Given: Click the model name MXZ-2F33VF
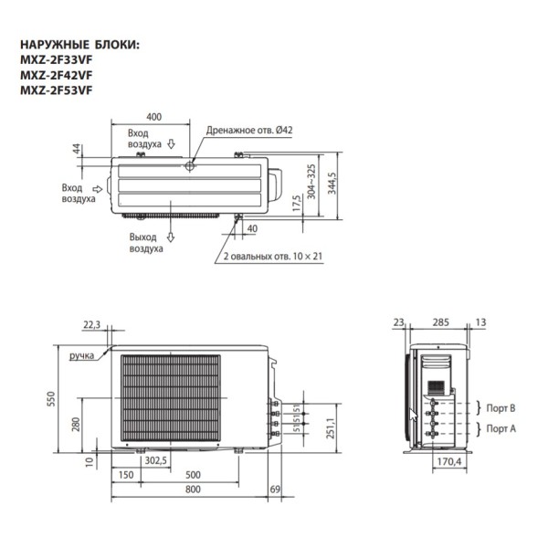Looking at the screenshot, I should click(x=56, y=59).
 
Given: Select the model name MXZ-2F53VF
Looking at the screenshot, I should click(x=56, y=90).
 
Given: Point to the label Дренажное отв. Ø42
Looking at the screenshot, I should click(x=249, y=131).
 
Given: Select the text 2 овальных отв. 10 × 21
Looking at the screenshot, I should click(x=273, y=257).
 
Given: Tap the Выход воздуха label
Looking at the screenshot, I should click(x=146, y=242).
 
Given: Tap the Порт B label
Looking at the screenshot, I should click(x=501, y=406).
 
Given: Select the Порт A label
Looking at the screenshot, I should click(x=501, y=428).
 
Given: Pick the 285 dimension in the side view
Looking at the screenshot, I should click(x=440, y=321).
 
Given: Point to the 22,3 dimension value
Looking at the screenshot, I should click(x=92, y=325).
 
